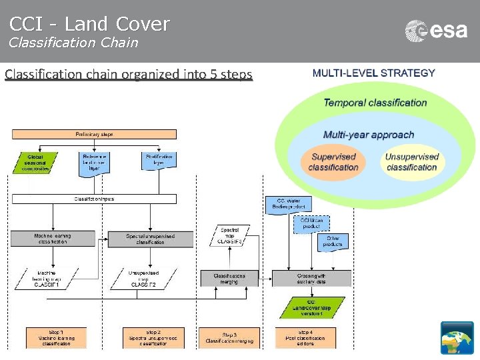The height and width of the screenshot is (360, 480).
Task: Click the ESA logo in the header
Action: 436,31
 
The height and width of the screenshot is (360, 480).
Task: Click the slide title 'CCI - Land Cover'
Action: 89,24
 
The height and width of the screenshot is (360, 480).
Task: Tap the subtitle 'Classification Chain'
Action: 73,43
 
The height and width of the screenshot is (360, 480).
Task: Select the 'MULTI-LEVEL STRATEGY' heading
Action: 373,73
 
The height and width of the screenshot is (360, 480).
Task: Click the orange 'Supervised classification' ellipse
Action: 333,162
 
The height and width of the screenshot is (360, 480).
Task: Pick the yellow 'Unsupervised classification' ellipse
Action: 411,162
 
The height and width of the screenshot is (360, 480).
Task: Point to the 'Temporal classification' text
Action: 375,103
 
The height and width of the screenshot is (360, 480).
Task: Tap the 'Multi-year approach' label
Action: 368,135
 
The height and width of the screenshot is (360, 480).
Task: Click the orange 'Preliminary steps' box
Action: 94,134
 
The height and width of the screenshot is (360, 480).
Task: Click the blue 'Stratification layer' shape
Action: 159,162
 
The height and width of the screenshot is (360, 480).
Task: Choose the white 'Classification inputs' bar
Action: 94,199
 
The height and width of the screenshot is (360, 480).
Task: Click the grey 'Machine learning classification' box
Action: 53,239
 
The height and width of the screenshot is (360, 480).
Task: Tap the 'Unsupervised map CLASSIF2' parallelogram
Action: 153,278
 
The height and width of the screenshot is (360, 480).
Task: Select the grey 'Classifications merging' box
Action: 229,278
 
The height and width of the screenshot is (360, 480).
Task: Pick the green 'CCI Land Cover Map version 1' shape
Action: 311,307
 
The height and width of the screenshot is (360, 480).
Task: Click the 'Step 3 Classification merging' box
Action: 229,337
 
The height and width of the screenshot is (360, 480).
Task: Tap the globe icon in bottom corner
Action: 457,337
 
